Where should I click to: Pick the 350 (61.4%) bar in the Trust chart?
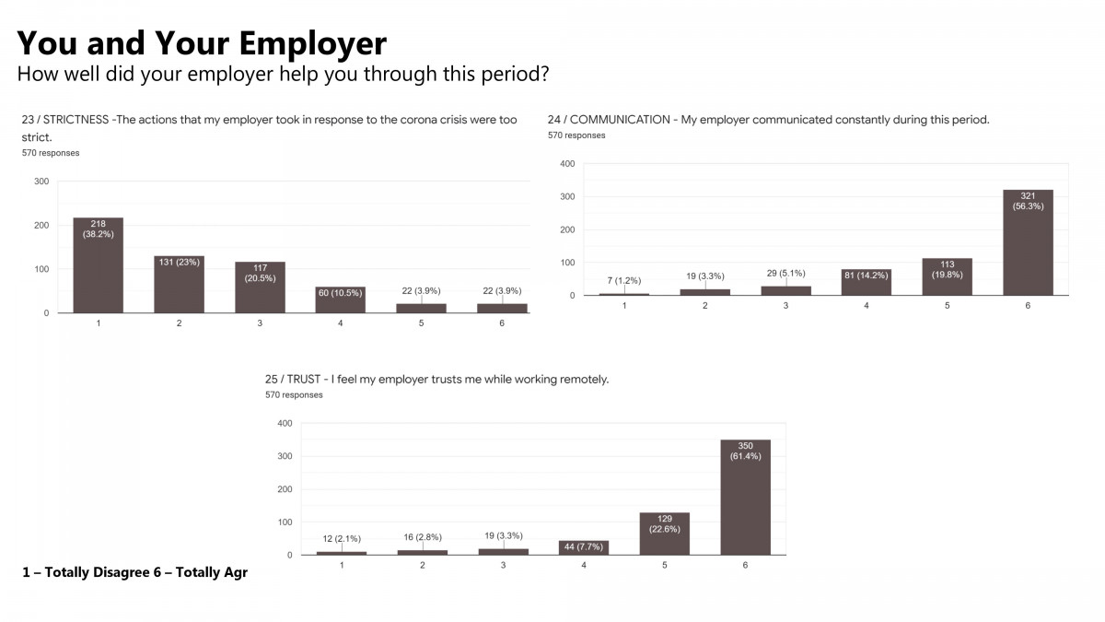(x=746, y=498)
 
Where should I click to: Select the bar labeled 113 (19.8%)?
(x=948, y=276)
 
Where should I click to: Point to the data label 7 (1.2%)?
(x=623, y=280)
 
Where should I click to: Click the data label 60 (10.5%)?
(x=340, y=292)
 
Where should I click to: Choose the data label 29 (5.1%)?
(x=785, y=274)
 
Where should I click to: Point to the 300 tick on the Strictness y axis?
(x=41, y=182)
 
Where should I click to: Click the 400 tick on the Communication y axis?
(x=567, y=164)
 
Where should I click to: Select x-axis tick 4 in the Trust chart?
(x=584, y=564)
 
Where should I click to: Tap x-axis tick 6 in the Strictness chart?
(x=502, y=323)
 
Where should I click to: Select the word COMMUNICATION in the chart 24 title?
(x=622, y=120)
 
